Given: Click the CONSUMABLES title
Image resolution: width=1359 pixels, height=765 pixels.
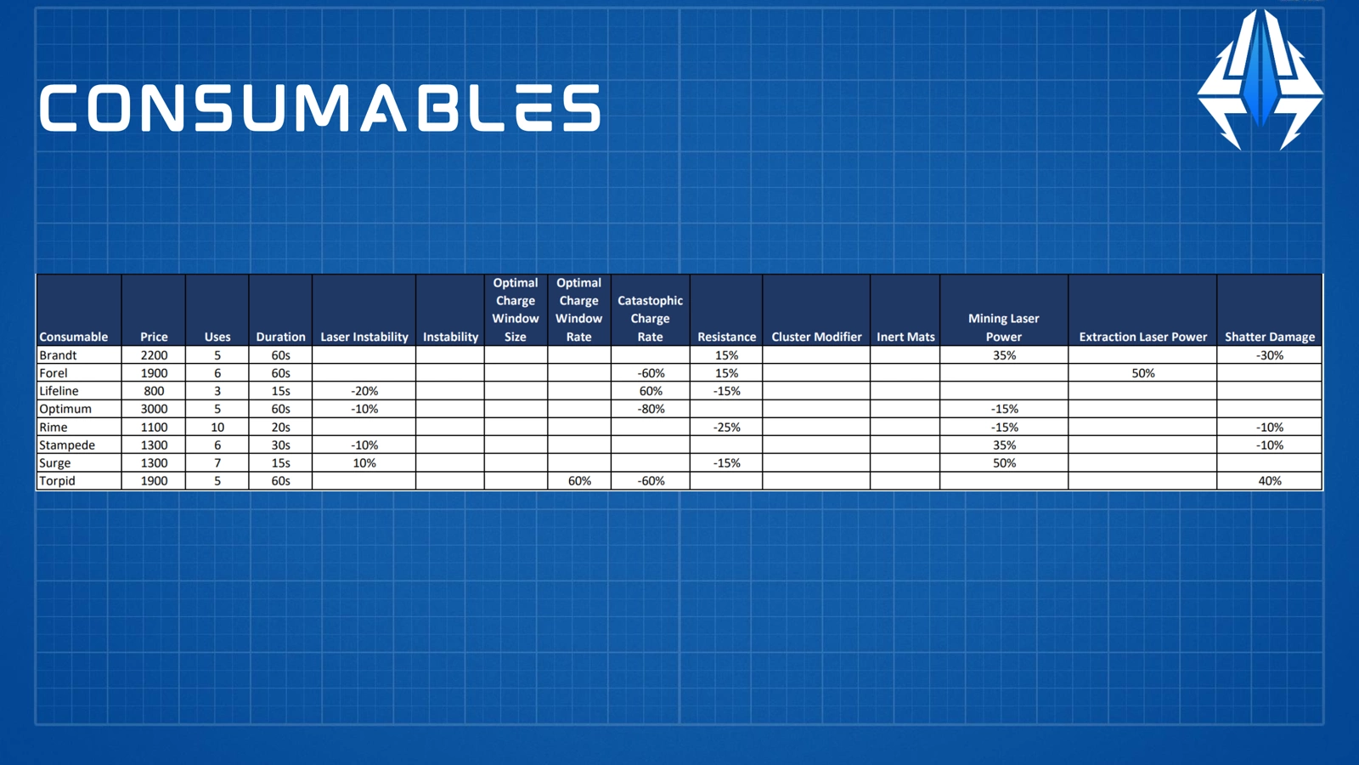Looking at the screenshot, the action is [x=319, y=107].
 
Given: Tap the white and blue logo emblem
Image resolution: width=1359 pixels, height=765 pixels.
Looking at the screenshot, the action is [x=1260, y=79].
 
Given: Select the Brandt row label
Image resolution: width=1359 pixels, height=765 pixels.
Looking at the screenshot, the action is [x=58, y=355].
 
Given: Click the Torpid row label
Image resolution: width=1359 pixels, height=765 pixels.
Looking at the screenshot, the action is [x=57, y=481].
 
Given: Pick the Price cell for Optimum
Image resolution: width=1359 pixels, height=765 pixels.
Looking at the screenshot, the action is [x=154, y=409].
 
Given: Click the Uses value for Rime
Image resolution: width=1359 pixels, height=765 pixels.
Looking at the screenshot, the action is [x=217, y=427].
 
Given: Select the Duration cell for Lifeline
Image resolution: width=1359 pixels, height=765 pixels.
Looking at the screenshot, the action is [x=280, y=391].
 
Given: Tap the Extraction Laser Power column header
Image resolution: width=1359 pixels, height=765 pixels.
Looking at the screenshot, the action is [x=1143, y=337].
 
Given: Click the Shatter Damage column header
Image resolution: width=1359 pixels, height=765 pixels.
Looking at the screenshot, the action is [x=1270, y=337].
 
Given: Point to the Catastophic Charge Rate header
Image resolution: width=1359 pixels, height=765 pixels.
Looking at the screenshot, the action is [x=650, y=319].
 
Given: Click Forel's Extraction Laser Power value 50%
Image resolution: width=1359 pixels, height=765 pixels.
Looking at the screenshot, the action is [x=1143, y=373].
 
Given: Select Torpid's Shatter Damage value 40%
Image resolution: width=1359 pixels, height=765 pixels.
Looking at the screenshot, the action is [x=1270, y=481].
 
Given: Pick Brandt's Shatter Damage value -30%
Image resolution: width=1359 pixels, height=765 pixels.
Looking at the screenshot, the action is [x=1270, y=355].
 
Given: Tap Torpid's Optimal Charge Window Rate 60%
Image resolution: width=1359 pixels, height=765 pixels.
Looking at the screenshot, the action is [x=579, y=481].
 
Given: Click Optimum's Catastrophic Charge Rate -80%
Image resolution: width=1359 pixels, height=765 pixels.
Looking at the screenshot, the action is [x=651, y=409].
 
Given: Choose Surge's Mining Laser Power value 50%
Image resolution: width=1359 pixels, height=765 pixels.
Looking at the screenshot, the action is [x=1004, y=463].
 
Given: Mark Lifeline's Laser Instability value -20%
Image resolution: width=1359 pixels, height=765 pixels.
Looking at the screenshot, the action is [x=364, y=391].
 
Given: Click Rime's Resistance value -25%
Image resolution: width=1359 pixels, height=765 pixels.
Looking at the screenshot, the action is [x=726, y=428].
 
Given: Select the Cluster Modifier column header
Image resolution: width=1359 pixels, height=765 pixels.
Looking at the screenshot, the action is [x=816, y=337].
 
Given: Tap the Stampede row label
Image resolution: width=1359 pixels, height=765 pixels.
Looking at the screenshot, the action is [x=67, y=445].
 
